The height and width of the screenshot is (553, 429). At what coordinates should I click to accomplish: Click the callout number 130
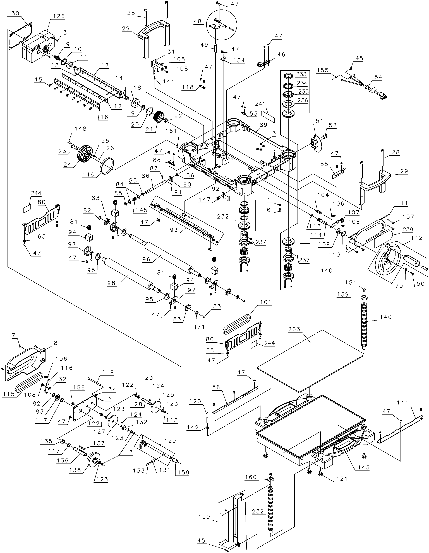coord(13,13)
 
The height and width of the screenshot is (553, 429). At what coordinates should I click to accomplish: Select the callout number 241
coord(260,104)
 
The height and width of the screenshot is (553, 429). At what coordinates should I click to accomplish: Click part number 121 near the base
coord(342,479)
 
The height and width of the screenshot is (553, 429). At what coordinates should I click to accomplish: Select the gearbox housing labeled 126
coord(39,48)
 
